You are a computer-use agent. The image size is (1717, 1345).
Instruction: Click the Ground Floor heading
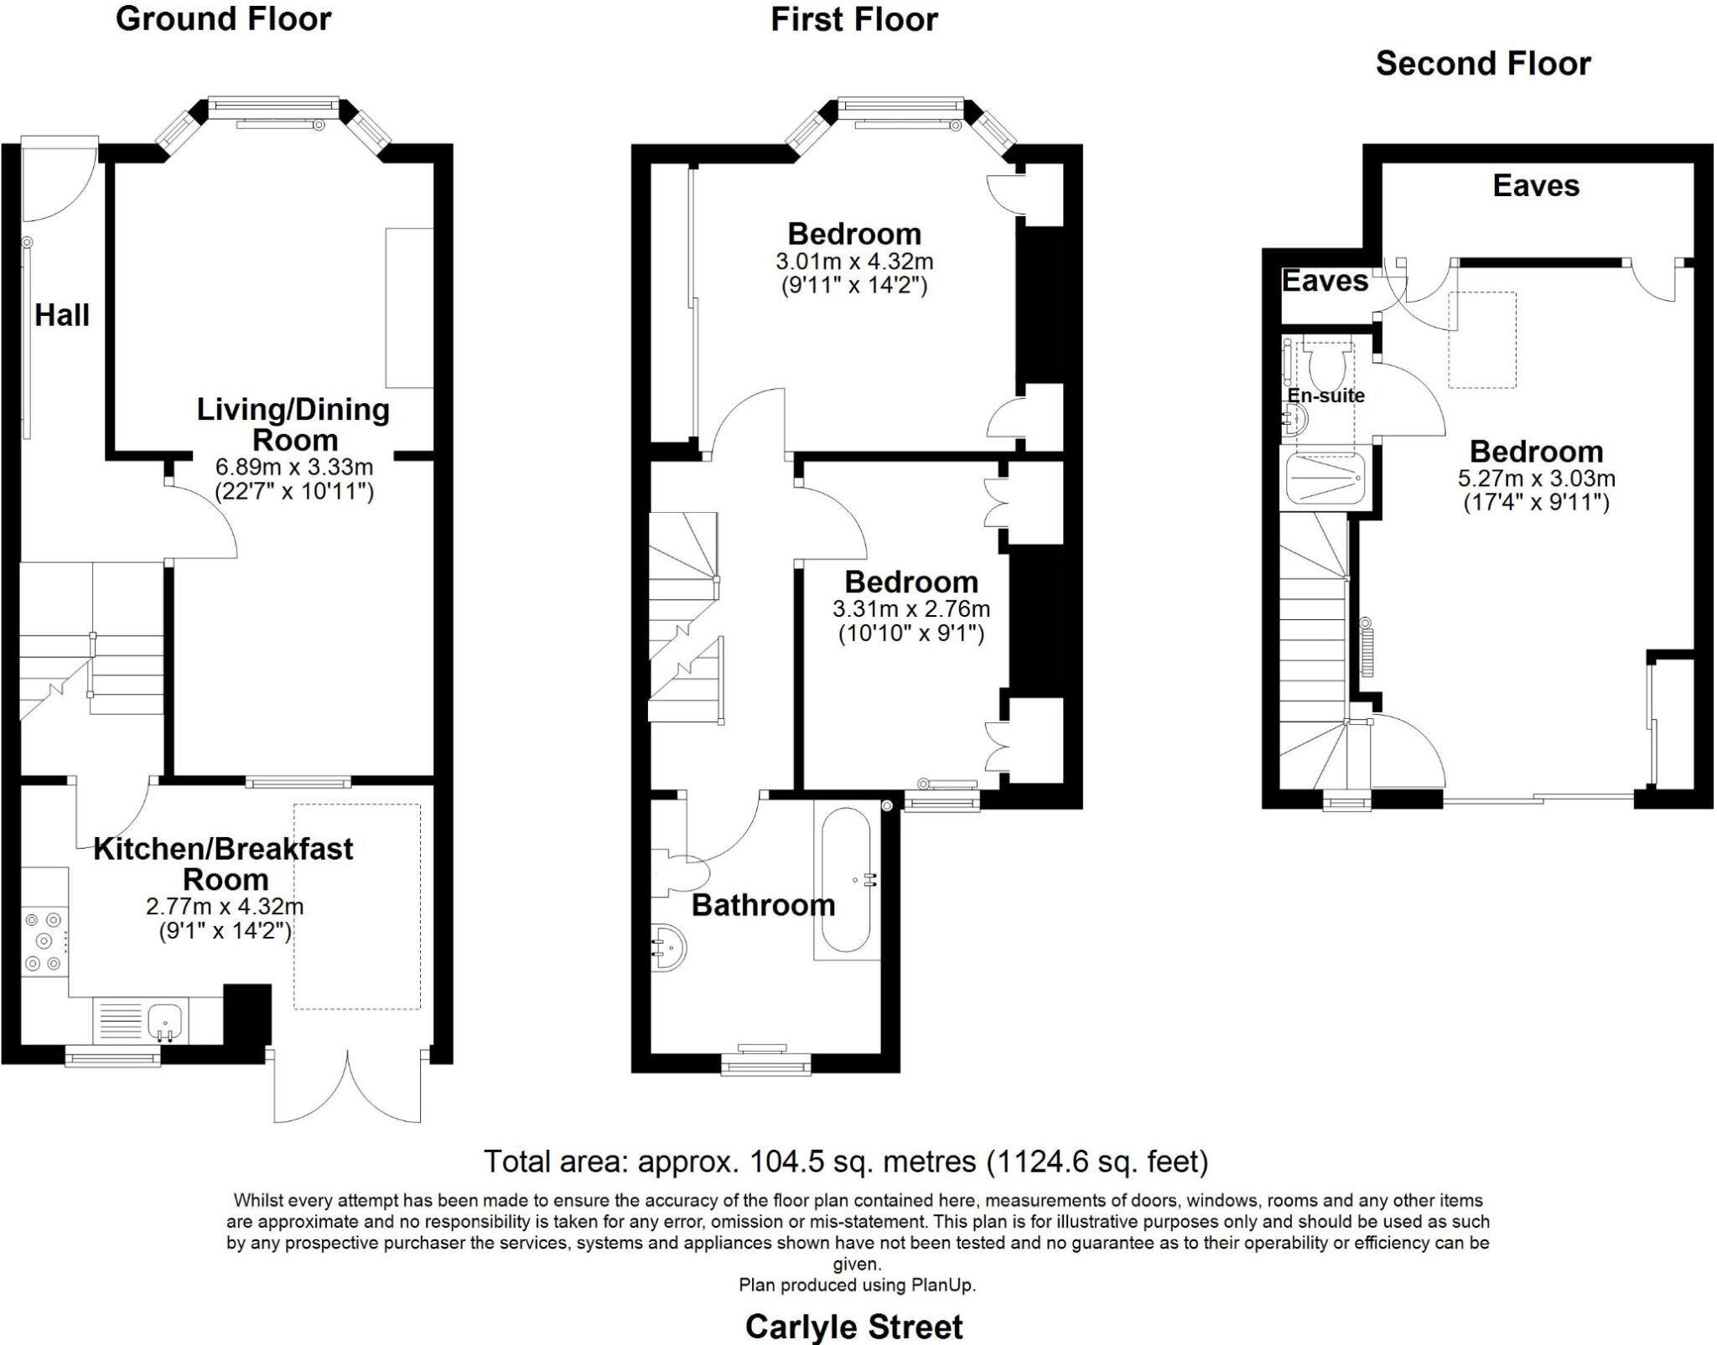tap(224, 18)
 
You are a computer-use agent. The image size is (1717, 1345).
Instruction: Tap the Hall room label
tap(62, 315)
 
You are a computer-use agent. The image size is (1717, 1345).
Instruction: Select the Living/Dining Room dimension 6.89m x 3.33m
tap(294, 467)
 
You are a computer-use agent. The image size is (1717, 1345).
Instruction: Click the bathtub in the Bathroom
tap(846, 879)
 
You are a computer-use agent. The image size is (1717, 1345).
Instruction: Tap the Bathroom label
tap(763, 905)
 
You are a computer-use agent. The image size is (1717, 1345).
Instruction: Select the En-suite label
tap(1325, 396)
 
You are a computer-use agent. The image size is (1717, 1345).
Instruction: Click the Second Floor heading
tap(1483, 64)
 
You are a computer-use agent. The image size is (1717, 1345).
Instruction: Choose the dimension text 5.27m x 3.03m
tap(1536, 479)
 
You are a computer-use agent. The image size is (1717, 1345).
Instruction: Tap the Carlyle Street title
tap(854, 1327)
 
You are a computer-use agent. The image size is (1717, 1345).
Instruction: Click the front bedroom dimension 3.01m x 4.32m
tap(854, 261)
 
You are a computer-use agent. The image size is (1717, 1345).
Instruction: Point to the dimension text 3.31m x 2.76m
tap(911, 608)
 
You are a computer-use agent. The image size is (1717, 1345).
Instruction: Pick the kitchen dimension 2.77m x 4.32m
tap(225, 906)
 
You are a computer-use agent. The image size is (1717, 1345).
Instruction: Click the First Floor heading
tap(854, 19)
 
